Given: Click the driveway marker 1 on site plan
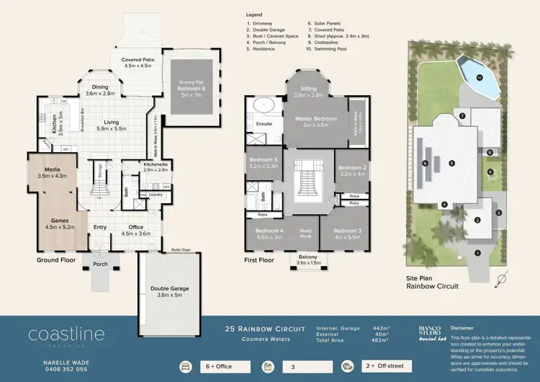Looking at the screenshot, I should click(477, 252).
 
